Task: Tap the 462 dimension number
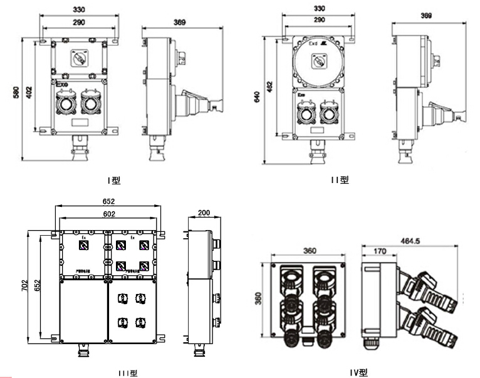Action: coord(270,85)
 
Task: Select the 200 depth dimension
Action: coord(204,213)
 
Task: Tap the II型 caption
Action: coord(340,180)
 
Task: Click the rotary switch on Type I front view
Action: coord(79,59)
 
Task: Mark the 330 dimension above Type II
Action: coord(319,9)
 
